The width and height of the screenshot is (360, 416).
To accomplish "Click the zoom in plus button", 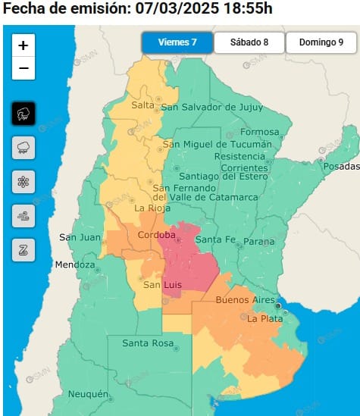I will point(23,45).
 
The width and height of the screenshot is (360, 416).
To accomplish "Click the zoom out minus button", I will point(23,68).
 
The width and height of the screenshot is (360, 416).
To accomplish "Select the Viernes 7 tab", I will point(177,42).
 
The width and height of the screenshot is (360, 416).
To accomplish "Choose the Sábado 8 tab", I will point(249,42).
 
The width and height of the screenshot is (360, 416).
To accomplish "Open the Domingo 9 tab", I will point(321,42).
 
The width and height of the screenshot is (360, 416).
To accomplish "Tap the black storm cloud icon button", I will point(23,114).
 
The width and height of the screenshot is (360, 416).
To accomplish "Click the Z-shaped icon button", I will point(23,249).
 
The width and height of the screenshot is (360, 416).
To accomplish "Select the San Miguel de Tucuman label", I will point(215,144).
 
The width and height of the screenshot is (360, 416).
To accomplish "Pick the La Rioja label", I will point(149,208).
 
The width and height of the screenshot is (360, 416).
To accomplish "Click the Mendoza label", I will point(74,265).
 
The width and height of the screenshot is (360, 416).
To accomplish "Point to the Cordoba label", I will point(157,236).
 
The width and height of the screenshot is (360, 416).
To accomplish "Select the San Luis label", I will point(161,285).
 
